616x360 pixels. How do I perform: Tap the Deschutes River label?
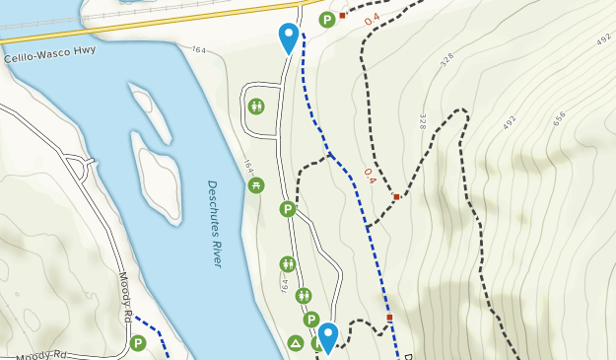pyautogui.click(x=215, y=223)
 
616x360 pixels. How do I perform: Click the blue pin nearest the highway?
pyautogui.click(x=288, y=38)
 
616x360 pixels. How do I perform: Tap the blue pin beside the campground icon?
pyautogui.click(x=327, y=337)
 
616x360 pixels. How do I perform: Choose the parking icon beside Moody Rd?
pyautogui.click(x=138, y=343)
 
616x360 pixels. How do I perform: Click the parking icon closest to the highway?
pyautogui.click(x=327, y=19)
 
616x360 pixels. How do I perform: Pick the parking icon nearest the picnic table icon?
pyautogui.click(x=288, y=209)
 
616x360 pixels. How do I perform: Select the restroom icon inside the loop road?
pyautogui.click(x=256, y=106)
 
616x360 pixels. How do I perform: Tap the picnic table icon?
pyautogui.click(x=256, y=184)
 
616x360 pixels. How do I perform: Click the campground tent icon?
pyautogui.click(x=295, y=343)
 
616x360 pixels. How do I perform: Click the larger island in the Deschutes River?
pyautogui.click(x=159, y=185)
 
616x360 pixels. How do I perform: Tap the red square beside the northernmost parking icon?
pyautogui.click(x=342, y=16)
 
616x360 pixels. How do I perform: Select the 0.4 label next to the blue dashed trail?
pyautogui.click(x=369, y=176)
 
